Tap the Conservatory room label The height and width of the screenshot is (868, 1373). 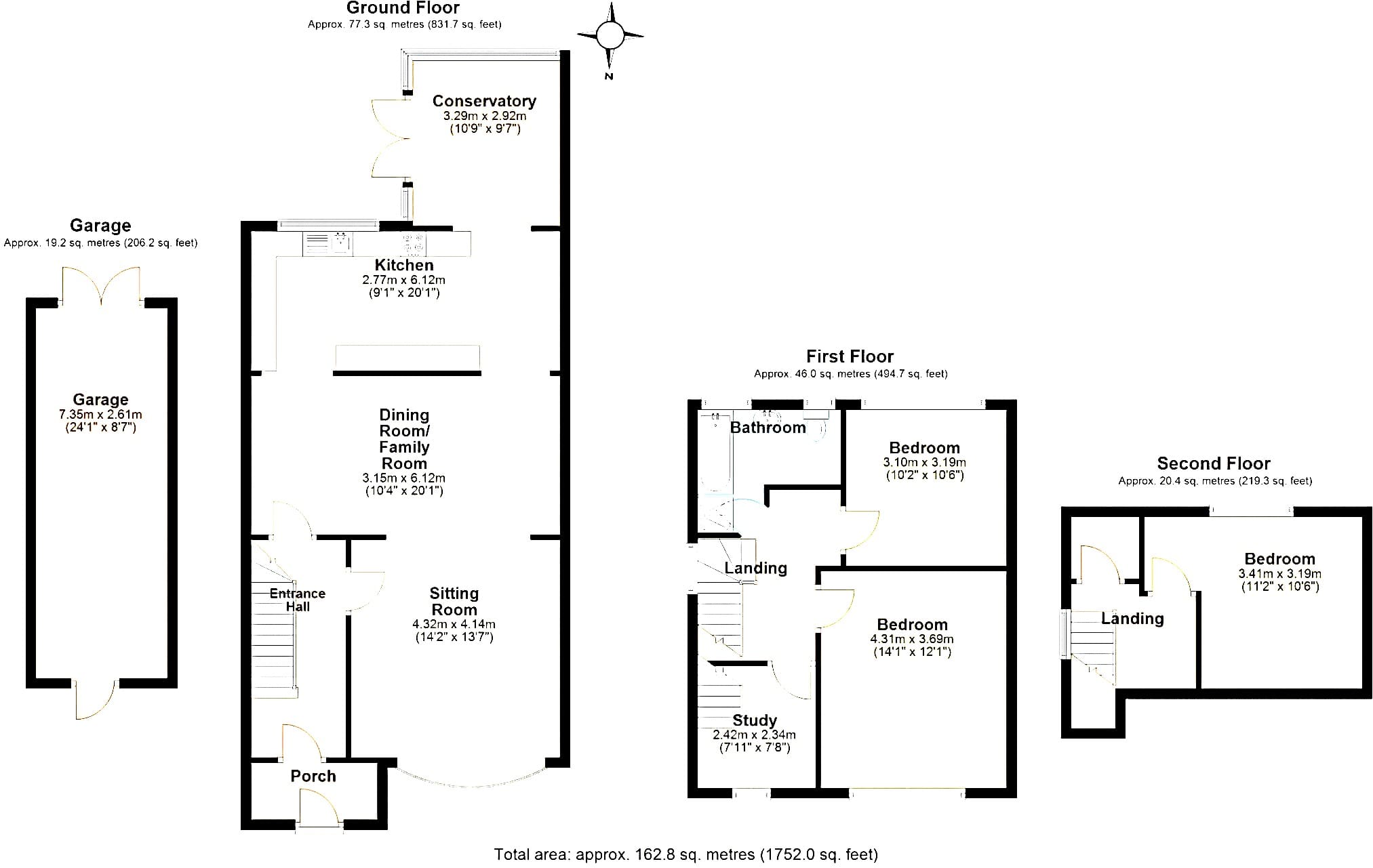click(484, 101)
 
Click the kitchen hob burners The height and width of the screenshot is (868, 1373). click(413, 243)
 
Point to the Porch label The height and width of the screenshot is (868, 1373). click(313, 776)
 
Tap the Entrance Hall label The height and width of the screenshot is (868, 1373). click(298, 600)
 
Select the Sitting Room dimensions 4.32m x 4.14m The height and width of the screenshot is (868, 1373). click(454, 624)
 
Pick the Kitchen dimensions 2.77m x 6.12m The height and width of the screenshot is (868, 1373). click(404, 280)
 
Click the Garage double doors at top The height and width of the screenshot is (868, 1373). click(101, 285)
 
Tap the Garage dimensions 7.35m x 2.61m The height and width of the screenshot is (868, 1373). click(100, 415)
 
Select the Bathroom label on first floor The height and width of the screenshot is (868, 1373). click(768, 428)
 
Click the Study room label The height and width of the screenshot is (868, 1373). click(755, 720)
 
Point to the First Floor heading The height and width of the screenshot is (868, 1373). click(850, 356)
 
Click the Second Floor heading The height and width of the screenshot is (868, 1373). click(1214, 463)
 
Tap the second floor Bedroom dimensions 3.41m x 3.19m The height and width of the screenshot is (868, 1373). click(1280, 574)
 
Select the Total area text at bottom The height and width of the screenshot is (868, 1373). click(686, 854)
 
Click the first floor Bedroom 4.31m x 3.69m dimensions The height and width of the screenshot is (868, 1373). click(912, 639)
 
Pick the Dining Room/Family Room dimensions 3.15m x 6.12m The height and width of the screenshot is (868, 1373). click(404, 478)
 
